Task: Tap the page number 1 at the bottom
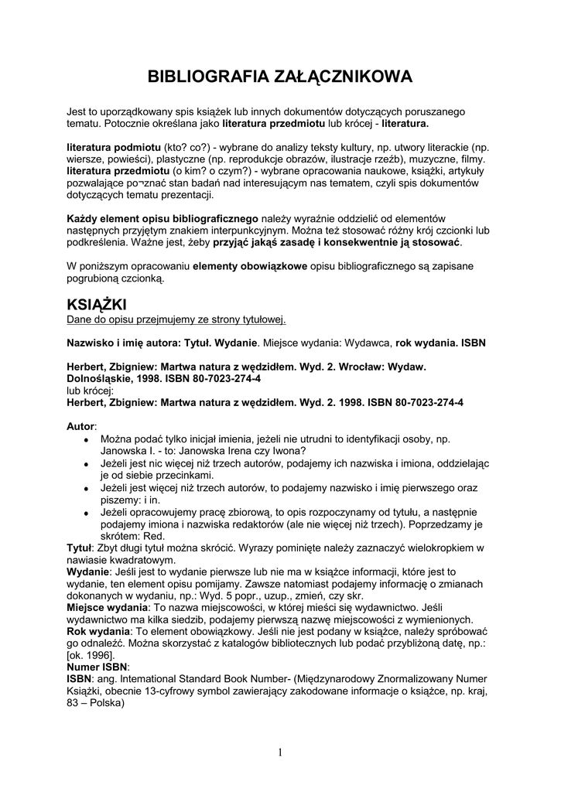(280, 753)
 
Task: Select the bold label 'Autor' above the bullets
(80, 426)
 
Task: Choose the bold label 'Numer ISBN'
(97, 666)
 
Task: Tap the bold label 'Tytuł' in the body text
(80, 548)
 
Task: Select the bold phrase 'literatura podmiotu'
(114, 147)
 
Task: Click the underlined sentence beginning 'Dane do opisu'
(176, 318)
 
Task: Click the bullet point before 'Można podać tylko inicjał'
(86, 439)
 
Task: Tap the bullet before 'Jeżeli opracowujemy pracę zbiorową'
(86, 513)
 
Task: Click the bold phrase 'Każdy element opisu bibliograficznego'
(162, 220)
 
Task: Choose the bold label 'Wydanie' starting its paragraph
(87, 571)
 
